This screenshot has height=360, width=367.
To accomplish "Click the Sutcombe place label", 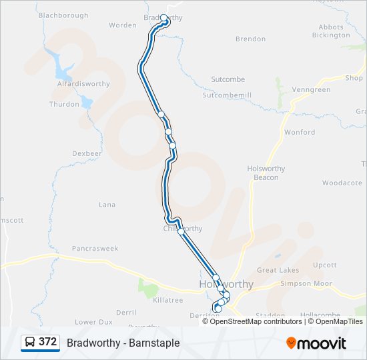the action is (228, 79).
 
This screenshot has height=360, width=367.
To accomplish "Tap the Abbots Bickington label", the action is (330, 31).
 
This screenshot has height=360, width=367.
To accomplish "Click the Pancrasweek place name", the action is (95, 249).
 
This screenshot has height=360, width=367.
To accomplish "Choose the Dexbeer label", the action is (87, 153).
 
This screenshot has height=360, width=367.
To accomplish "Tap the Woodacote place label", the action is (342, 183).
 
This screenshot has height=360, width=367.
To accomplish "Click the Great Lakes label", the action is (278, 270).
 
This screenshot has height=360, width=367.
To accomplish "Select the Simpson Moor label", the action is (307, 283).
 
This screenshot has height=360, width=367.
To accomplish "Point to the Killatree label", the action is (167, 300).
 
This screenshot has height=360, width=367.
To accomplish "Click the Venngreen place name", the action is (311, 90).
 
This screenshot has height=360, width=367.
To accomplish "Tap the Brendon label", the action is (250, 39).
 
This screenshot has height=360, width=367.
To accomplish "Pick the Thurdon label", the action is (64, 104).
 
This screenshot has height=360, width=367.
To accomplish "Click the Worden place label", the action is (122, 25).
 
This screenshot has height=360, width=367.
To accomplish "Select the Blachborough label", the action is (63, 15).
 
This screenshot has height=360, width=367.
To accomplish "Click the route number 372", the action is (47, 342).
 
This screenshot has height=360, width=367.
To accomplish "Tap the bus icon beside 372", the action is (30, 343).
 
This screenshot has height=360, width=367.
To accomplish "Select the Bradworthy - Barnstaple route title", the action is (123, 343).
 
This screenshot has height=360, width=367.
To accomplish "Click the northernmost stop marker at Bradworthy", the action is (163, 18).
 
